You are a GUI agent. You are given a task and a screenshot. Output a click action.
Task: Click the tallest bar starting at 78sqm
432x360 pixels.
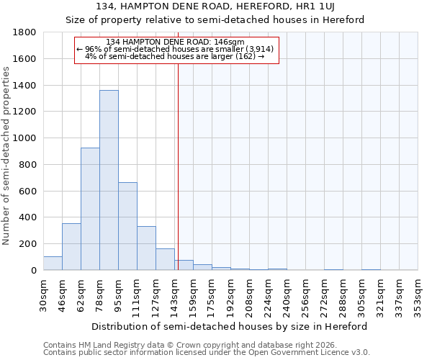point(109,180)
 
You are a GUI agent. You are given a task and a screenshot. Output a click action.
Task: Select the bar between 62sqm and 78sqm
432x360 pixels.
point(90,209)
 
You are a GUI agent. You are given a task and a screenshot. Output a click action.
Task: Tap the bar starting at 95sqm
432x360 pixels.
point(127,226)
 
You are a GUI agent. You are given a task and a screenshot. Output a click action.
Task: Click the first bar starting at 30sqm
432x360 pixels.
point(53,264)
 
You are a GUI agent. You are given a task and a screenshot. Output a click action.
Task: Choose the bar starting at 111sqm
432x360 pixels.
point(146,248)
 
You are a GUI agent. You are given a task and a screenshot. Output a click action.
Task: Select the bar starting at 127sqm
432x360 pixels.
point(165,259)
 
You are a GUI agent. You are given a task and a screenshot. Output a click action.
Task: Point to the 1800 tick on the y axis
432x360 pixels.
point(24,32)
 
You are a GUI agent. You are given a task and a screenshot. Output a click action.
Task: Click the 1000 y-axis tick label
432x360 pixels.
point(24,138)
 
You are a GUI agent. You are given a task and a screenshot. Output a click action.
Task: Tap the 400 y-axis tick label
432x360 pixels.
point(27,217)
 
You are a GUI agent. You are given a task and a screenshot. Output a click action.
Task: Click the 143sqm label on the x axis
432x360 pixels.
point(175,295)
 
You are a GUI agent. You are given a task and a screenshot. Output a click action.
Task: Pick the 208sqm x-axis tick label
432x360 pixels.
point(250,295)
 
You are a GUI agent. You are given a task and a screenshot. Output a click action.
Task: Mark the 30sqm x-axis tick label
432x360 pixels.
point(44,295)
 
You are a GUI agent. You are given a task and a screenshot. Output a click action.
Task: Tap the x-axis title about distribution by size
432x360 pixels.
point(230,326)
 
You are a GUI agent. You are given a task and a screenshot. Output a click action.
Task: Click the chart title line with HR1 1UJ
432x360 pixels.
point(230,6)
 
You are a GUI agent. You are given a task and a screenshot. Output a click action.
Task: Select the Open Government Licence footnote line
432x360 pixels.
point(207,353)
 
